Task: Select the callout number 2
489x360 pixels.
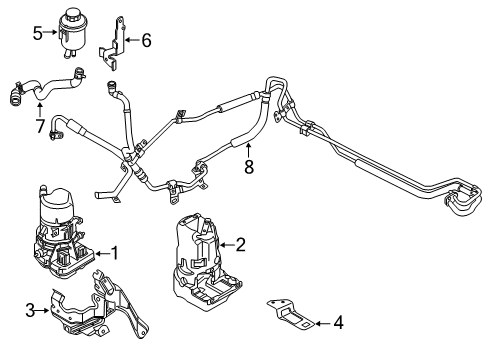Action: pyautogui.click(x=241, y=244)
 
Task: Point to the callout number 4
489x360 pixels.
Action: pyautogui.click(x=337, y=322)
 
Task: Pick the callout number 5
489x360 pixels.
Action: pyautogui.click(x=37, y=32)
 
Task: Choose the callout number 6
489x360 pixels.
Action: pyautogui.click(x=146, y=41)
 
